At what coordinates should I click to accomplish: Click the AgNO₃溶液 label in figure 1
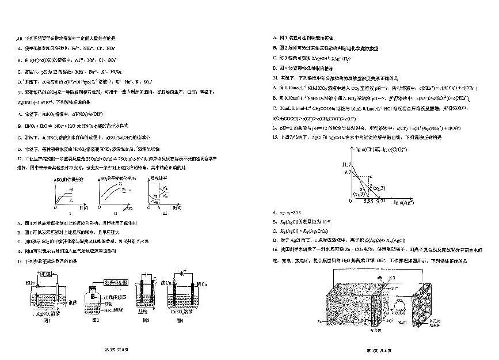coord(48,314)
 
